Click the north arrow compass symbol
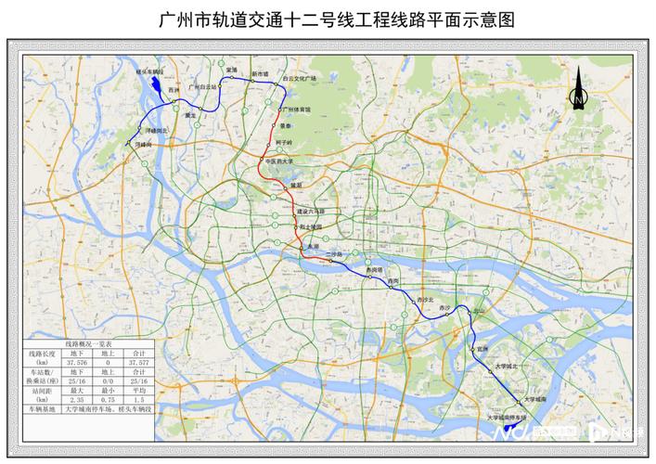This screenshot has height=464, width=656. click(577, 90)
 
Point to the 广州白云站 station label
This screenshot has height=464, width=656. click(201, 86)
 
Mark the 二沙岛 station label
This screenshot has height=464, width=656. click(334, 253)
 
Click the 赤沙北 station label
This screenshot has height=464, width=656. click(426, 301)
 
